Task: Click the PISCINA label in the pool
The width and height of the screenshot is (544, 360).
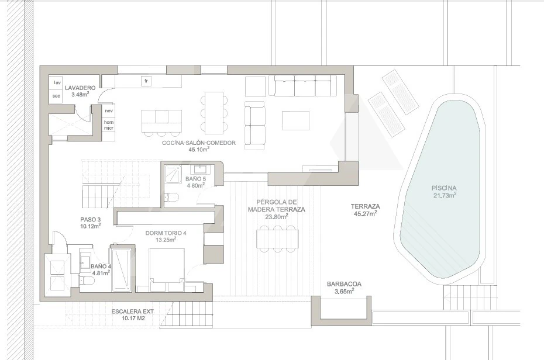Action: coord(444,188)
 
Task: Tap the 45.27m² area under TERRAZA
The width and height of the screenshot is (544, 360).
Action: coord(366,213)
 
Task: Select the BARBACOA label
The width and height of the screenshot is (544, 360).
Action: coord(344,284)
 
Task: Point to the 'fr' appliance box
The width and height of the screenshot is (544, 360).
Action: coord(146,81)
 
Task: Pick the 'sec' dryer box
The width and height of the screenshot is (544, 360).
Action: coord(56,96)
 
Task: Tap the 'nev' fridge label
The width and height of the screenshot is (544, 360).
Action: coord(109,111)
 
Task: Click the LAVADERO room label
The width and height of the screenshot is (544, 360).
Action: coord(80,88)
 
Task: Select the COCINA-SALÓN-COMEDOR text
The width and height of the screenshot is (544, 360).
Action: coord(199,143)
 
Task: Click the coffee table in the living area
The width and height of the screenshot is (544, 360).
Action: coord(295,120)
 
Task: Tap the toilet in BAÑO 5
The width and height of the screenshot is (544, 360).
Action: coord(171,197)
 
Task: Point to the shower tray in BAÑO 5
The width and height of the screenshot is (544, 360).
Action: coord(173,174)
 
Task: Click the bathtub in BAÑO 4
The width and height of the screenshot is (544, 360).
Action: coord(121,269)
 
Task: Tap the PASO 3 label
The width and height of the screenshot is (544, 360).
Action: coord(90,219)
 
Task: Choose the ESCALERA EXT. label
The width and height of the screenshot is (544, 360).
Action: coord(133,311)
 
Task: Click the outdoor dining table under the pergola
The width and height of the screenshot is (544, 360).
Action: coord(277,238)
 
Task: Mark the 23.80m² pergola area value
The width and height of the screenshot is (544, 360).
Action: coord(277,217)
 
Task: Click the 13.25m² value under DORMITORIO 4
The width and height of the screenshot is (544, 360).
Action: coord(166,240)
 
